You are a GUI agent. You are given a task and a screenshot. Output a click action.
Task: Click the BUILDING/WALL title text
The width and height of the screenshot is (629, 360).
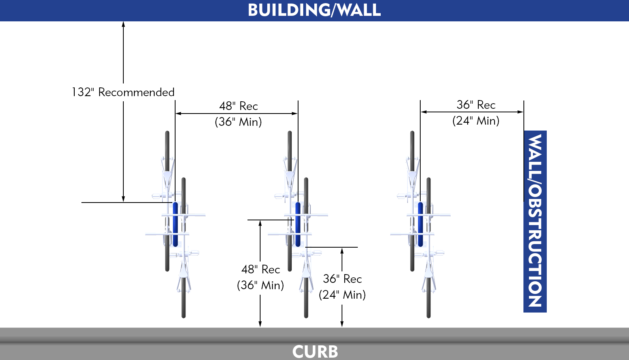[x=314, y=10]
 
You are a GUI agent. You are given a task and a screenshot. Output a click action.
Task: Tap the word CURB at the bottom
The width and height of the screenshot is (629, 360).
[x=315, y=351]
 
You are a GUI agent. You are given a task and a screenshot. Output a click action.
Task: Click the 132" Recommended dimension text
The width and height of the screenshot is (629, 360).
[x=123, y=92]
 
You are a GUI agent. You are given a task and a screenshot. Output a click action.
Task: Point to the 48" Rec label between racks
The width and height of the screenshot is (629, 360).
[x=238, y=106]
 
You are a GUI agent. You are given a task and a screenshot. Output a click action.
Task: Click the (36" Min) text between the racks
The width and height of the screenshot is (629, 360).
[x=238, y=122]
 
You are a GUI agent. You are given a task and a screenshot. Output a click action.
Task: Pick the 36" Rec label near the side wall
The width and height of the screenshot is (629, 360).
[x=476, y=105]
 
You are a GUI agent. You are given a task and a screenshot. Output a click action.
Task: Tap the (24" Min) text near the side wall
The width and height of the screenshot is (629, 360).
[x=476, y=121]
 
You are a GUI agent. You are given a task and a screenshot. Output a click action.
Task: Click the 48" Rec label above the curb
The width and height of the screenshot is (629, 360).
[x=261, y=269]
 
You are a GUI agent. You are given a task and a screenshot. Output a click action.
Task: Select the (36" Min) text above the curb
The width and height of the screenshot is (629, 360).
[x=261, y=285]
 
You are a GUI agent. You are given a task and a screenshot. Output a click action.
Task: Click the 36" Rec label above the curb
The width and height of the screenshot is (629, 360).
[x=342, y=279]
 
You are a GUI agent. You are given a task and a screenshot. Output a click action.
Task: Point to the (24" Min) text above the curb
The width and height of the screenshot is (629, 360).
[x=342, y=295]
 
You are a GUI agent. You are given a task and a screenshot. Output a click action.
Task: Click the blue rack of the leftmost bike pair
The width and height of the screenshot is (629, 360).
[x=175, y=224]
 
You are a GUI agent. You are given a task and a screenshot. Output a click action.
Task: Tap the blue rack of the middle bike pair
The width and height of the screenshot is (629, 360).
[x=298, y=224]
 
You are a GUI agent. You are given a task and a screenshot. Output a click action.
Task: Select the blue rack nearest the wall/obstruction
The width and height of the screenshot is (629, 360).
[x=420, y=224]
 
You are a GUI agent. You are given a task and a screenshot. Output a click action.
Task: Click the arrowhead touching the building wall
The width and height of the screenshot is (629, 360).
[x=123, y=24]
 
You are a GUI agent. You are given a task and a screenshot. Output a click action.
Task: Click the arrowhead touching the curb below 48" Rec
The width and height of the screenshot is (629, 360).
[x=260, y=324]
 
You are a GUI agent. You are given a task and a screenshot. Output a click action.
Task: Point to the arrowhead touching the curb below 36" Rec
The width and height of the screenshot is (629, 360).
[x=342, y=324]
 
